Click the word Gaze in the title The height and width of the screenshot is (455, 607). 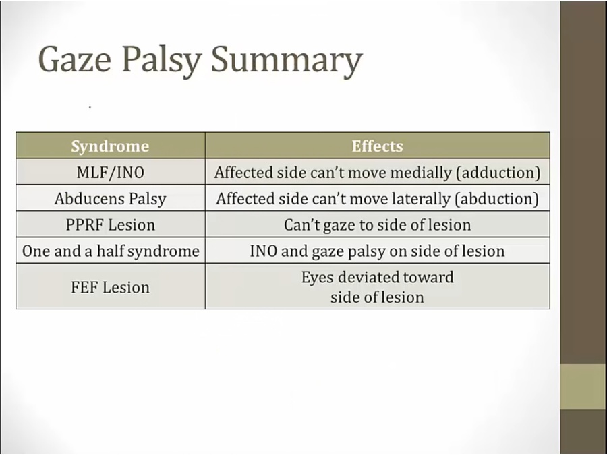[75, 59]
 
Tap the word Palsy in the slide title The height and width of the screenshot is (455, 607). [162, 62]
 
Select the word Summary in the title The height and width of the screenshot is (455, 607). [287, 62]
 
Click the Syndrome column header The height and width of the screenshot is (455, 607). [110, 146]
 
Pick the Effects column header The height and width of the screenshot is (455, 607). [377, 146]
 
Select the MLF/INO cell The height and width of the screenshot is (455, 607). [111, 172]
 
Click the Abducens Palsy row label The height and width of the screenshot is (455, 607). [111, 199]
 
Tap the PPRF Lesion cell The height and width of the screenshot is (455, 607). [111, 224]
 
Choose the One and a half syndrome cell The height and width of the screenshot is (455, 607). [111, 251]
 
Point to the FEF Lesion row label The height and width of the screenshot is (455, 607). [111, 287]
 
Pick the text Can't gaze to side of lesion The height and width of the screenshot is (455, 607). [378, 225]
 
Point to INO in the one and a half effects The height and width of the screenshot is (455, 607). [263, 251]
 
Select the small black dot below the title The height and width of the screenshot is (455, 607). [90, 107]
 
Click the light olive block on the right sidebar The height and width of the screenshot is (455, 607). [583, 386]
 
